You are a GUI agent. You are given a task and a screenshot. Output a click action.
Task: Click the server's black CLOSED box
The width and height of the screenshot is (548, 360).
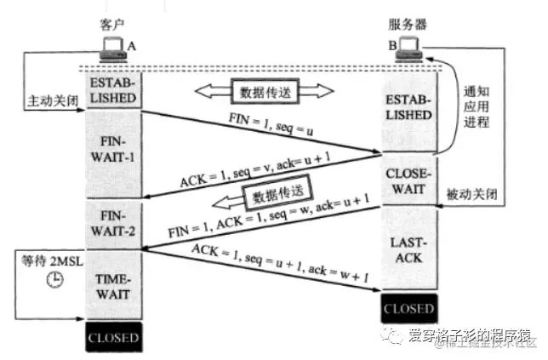point(408,308)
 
